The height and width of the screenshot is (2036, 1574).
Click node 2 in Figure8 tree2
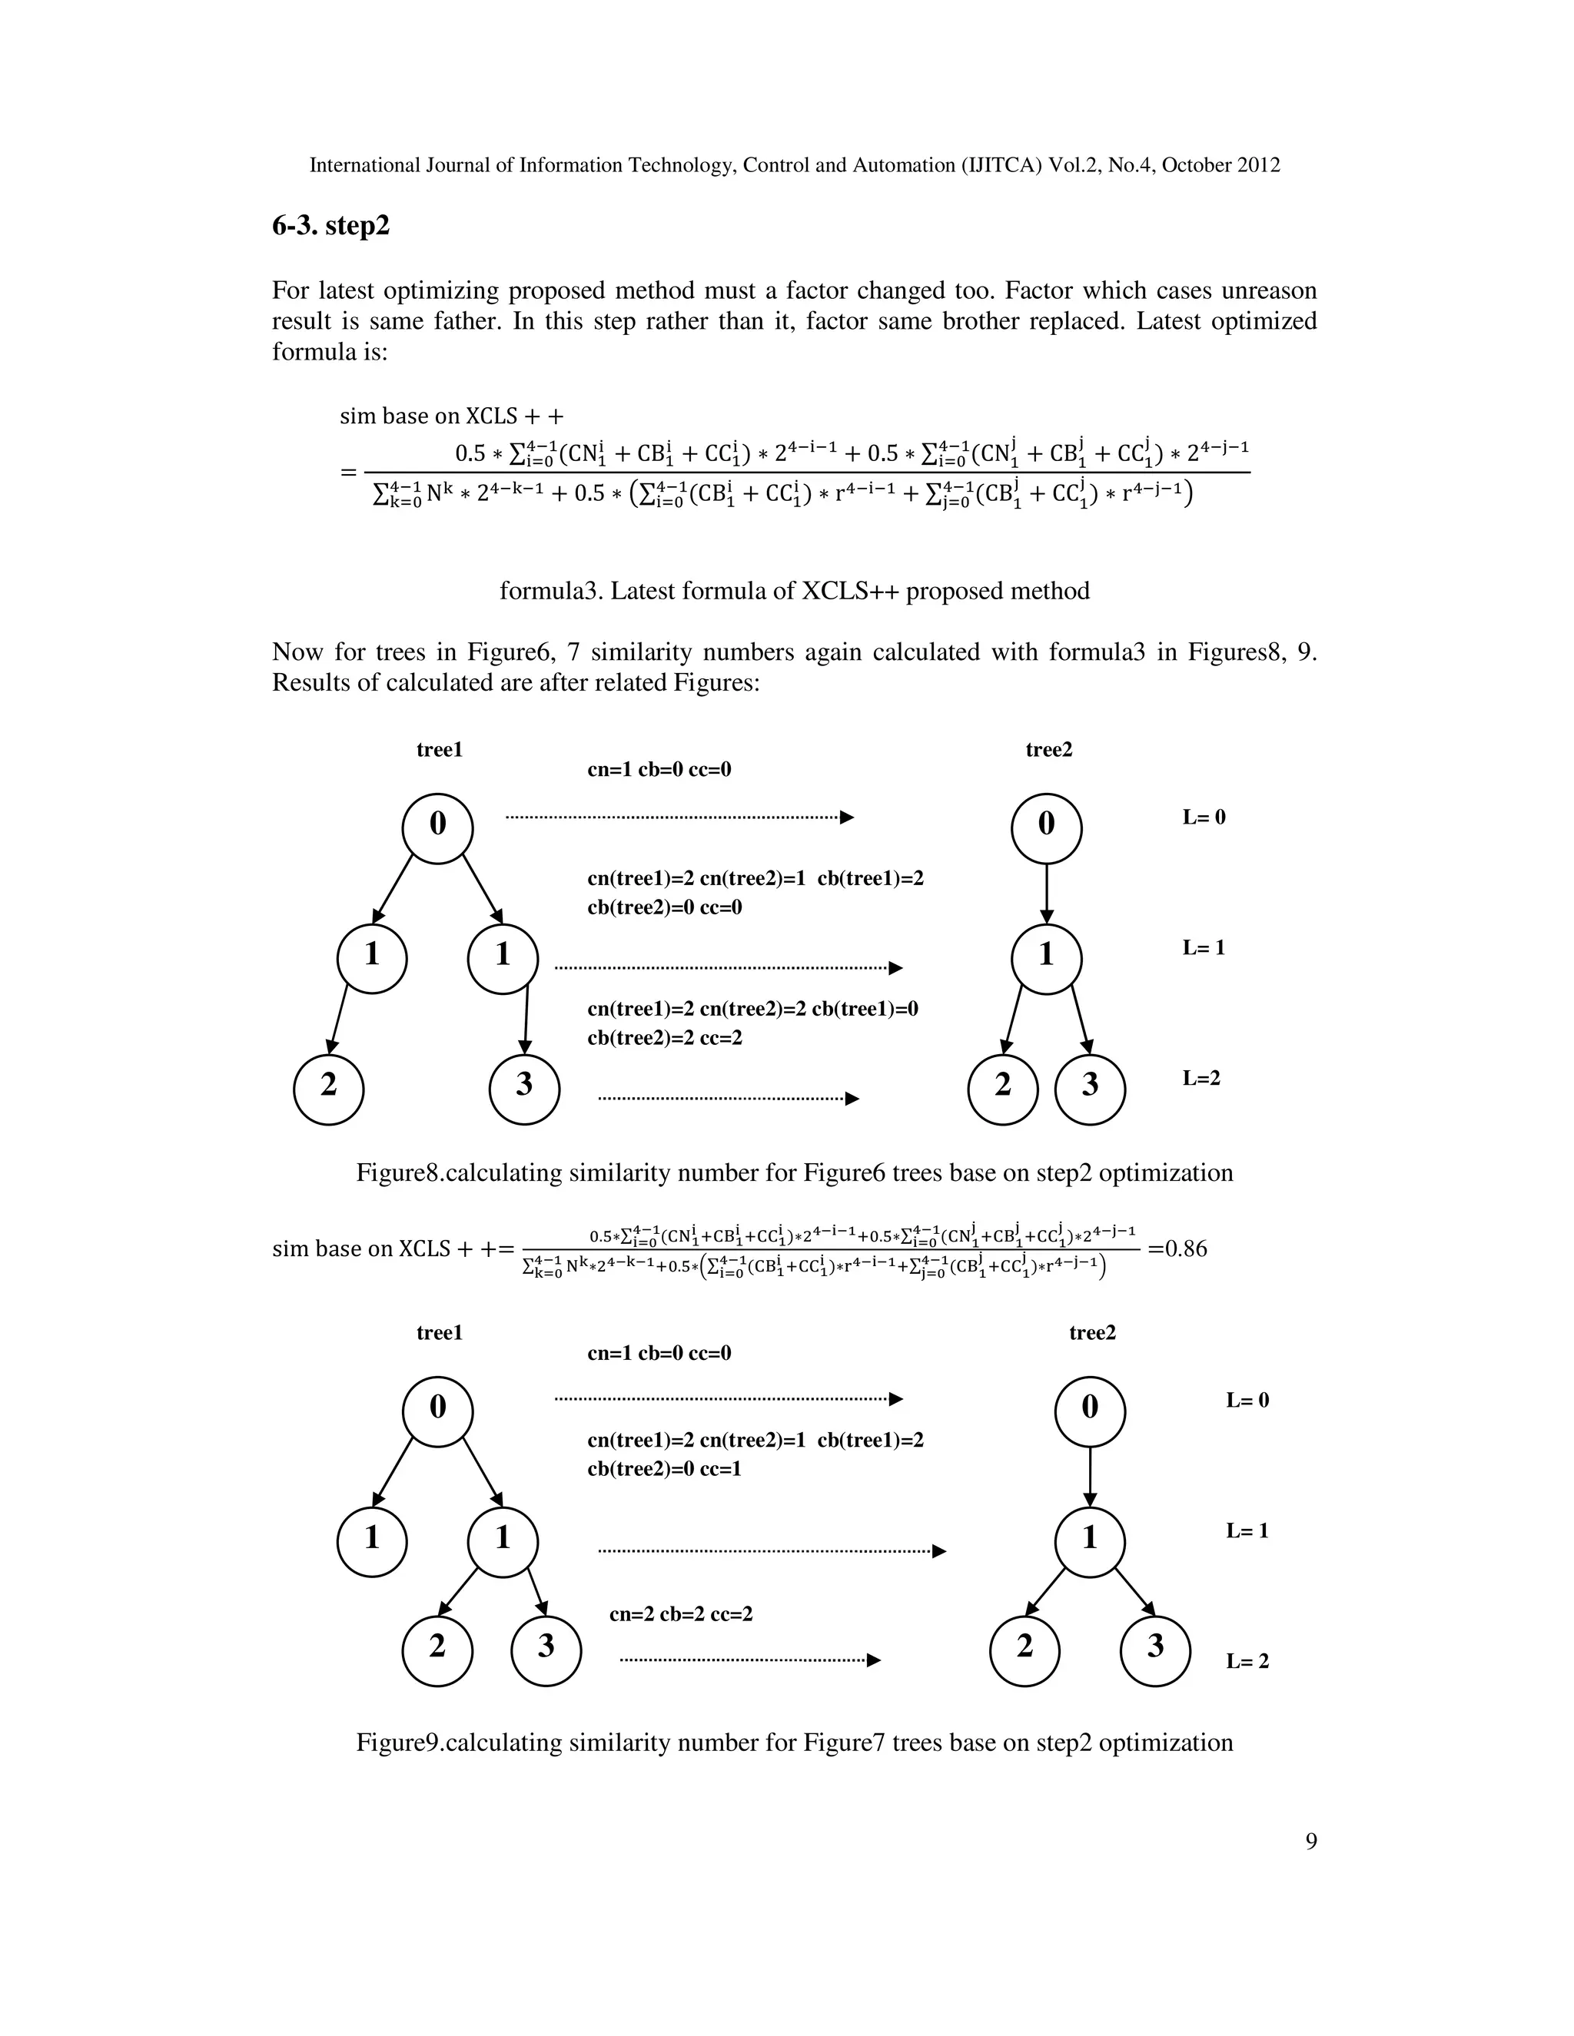click(1002, 1088)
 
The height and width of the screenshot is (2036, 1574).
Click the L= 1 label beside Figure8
click(1204, 948)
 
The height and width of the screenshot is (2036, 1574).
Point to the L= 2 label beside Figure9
click(1247, 1661)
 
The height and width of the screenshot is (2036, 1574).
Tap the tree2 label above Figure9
click(1092, 1333)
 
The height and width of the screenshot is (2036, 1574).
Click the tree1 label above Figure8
click(439, 751)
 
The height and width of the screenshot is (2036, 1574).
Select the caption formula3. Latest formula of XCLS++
click(795, 591)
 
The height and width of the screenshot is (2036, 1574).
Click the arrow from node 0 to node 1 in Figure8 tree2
click(1046, 892)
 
